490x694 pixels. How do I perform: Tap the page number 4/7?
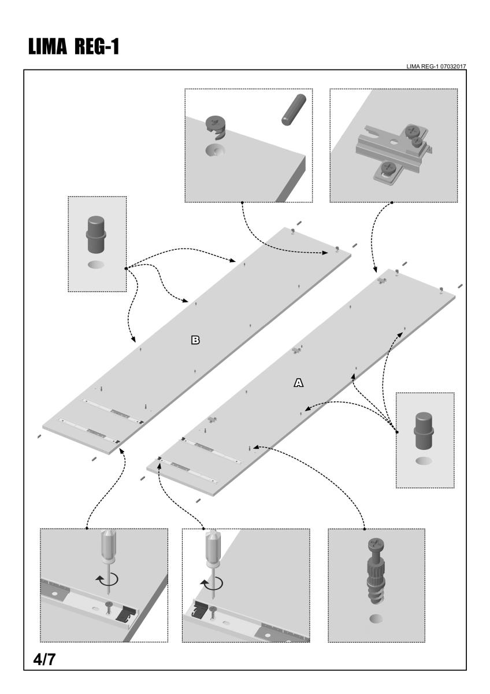[43, 660]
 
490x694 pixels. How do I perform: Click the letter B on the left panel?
[195, 340]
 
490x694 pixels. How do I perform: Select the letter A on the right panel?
[299, 382]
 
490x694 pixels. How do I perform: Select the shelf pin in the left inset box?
[97, 234]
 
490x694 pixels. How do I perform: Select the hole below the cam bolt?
[376, 619]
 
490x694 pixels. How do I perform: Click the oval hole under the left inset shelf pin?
[97, 265]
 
